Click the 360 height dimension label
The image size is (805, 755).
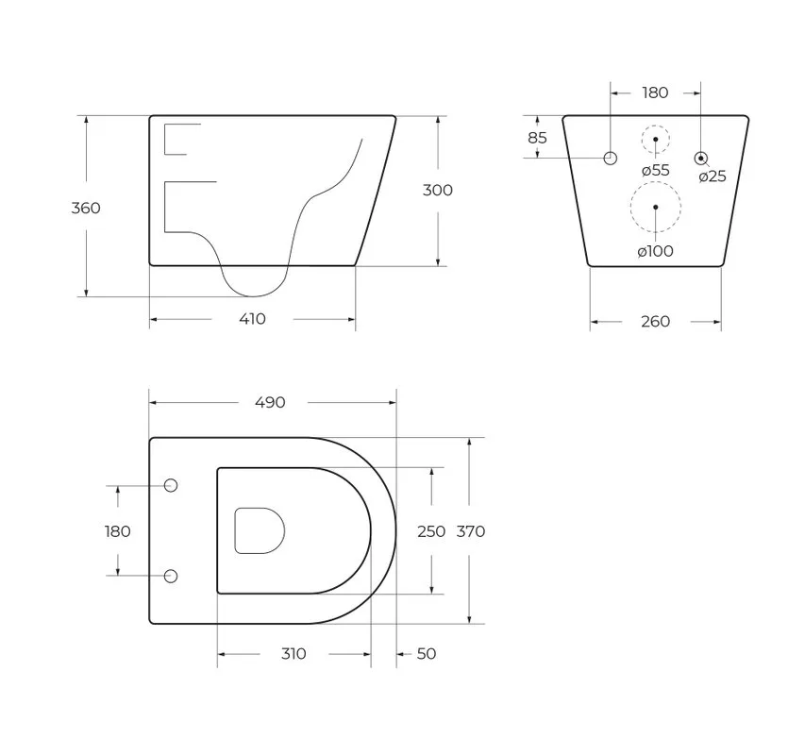86,208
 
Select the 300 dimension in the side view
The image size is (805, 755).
437,190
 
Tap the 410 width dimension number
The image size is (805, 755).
252,319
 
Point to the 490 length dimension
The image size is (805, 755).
270,402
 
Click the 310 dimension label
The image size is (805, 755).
293,653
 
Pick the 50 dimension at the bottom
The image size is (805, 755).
427,653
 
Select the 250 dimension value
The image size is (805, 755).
431,531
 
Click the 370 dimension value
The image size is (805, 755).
471,531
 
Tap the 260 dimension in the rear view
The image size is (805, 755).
656,321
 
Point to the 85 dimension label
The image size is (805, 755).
538,138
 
